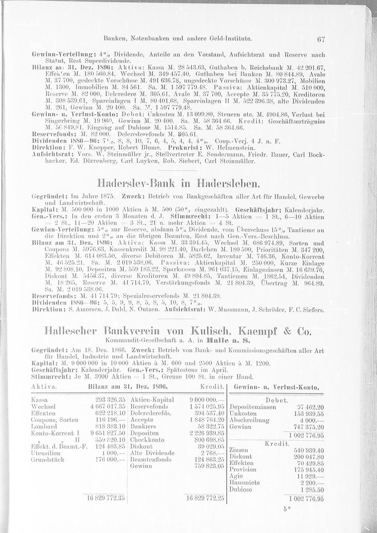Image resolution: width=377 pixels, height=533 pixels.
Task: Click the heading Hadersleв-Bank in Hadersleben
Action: [x=179, y=184]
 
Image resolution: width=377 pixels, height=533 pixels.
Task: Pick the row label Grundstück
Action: [x=48, y=460]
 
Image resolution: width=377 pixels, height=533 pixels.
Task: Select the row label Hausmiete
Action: [x=244, y=482]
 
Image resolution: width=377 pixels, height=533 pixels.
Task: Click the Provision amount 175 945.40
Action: [x=308, y=470]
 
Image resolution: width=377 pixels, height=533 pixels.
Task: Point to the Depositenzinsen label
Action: [x=253, y=407]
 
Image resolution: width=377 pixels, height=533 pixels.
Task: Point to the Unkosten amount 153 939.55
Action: [x=308, y=414]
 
